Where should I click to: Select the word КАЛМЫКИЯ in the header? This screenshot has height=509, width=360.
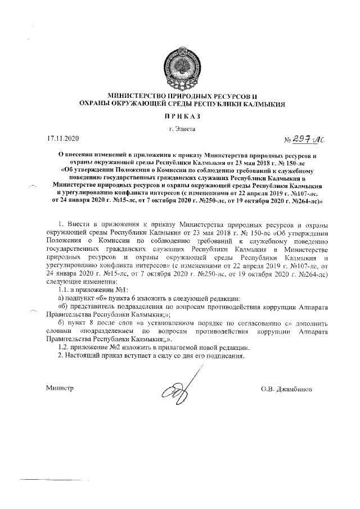[x=265, y=104]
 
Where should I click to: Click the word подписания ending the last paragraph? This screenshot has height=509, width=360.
[x=227, y=356]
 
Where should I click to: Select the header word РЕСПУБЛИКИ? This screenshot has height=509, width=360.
[x=213, y=104]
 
